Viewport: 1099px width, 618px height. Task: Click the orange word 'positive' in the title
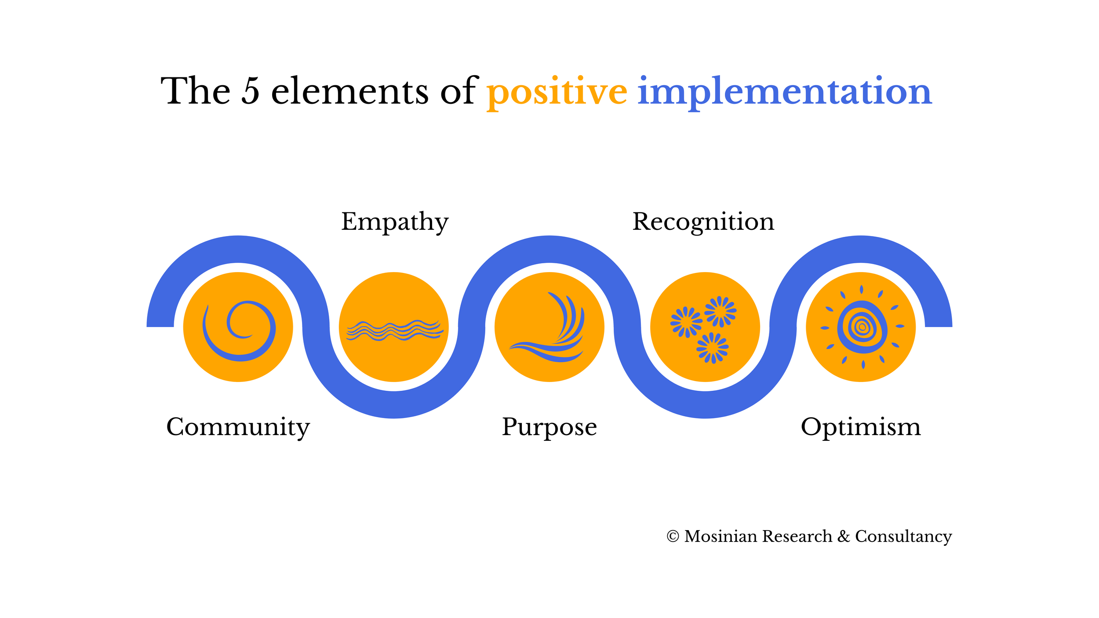pyautogui.click(x=557, y=91)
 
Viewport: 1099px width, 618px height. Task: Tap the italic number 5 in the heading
pyautogui.click(x=251, y=91)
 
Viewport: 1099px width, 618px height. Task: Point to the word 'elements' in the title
pyautogui.click(x=349, y=91)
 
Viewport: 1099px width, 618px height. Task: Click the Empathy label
pyautogui.click(x=395, y=222)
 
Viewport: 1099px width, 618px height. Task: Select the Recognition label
pyautogui.click(x=703, y=222)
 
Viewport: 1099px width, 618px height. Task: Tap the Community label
pyautogui.click(x=238, y=427)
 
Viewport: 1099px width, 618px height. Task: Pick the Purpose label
pyautogui.click(x=549, y=427)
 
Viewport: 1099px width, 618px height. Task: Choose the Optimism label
pyautogui.click(x=860, y=427)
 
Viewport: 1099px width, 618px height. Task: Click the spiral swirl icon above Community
pyautogui.click(x=239, y=330)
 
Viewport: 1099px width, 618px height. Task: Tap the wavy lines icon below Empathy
pyautogui.click(x=394, y=330)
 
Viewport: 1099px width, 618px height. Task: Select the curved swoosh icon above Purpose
pyautogui.click(x=549, y=327)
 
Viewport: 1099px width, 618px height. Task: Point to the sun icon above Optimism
pyautogui.click(x=862, y=327)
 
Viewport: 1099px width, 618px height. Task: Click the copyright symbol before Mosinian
pyautogui.click(x=673, y=537)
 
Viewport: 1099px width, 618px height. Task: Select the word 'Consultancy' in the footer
pyautogui.click(x=903, y=537)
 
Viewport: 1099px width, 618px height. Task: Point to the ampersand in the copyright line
pyautogui.click(x=843, y=537)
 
